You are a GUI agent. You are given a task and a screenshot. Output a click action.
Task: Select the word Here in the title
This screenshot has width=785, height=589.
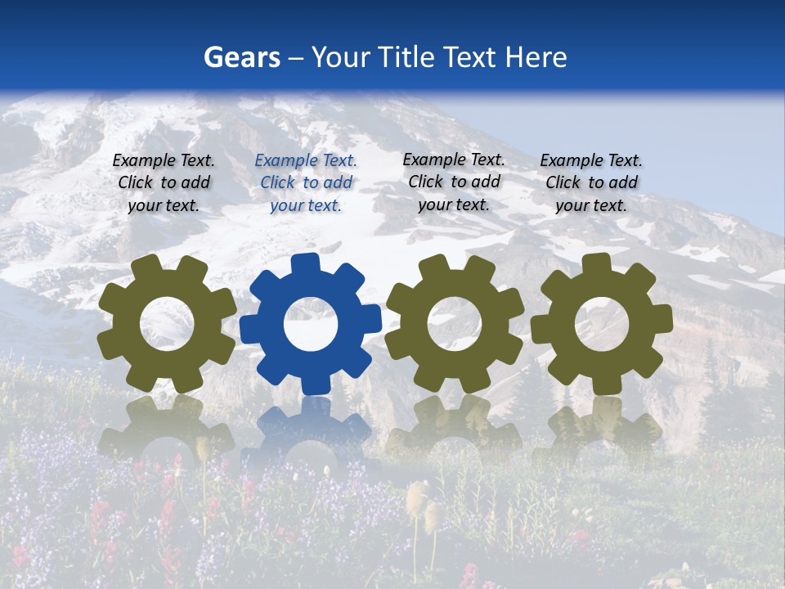pyautogui.click(x=535, y=57)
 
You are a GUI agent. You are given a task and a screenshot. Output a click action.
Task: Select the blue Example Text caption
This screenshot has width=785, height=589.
pyautogui.click(x=306, y=183)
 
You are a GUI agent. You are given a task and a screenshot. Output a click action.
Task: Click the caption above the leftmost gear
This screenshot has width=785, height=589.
pyautogui.click(x=164, y=182)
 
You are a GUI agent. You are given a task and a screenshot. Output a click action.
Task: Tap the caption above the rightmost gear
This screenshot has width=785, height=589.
pyautogui.click(x=591, y=182)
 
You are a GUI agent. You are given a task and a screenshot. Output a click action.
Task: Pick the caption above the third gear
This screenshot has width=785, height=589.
pyautogui.click(x=454, y=182)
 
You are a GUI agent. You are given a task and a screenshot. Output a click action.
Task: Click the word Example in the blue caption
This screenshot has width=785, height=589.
pyautogui.click(x=285, y=161)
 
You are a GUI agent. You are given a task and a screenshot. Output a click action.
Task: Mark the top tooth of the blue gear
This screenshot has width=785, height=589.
pyautogui.click(x=306, y=263)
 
